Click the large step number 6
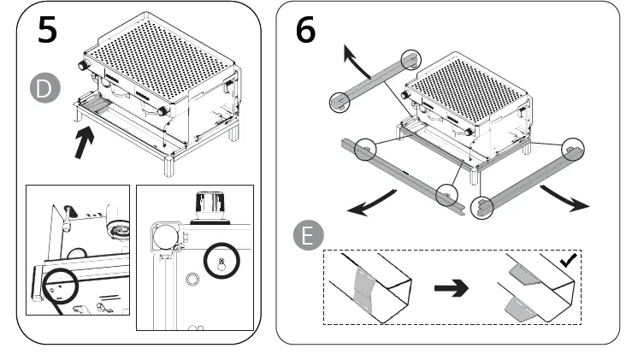(305, 30)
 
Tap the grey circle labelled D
(42, 88)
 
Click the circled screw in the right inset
(221, 260)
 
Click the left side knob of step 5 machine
(84, 66)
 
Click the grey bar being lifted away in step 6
(372, 82)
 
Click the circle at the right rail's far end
(572, 150)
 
